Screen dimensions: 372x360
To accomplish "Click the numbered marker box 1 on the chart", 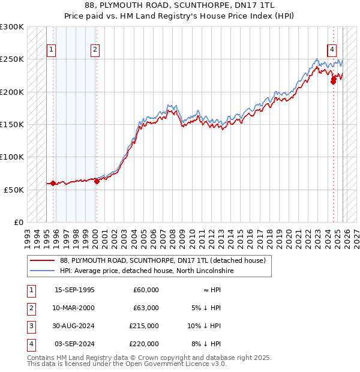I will tap(52, 50).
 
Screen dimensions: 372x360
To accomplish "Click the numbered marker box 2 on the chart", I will tap(95, 50).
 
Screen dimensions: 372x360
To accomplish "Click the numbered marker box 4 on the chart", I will tap(332, 50).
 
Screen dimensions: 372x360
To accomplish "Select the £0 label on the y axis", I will tap(18, 222).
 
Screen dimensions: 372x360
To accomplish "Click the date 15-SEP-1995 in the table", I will tap(74, 290).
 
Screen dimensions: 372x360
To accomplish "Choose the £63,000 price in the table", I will tap(146, 308).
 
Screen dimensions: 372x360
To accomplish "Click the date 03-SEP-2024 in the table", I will tap(74, 344).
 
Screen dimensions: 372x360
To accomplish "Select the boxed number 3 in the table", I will tap(30, 326).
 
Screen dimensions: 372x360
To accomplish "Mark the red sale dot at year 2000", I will tap(97, 181).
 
